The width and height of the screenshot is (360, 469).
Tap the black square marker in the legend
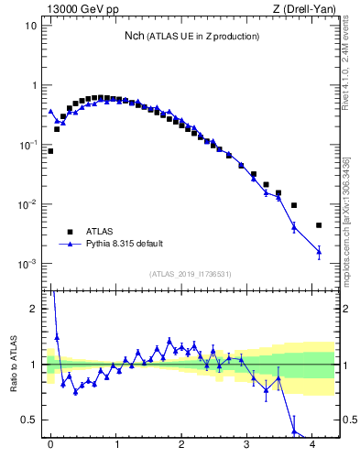(x=68, y=231)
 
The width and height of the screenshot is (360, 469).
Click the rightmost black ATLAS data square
(x=319, y=225)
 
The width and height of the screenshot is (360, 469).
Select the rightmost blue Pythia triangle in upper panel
(x=319, y=251)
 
